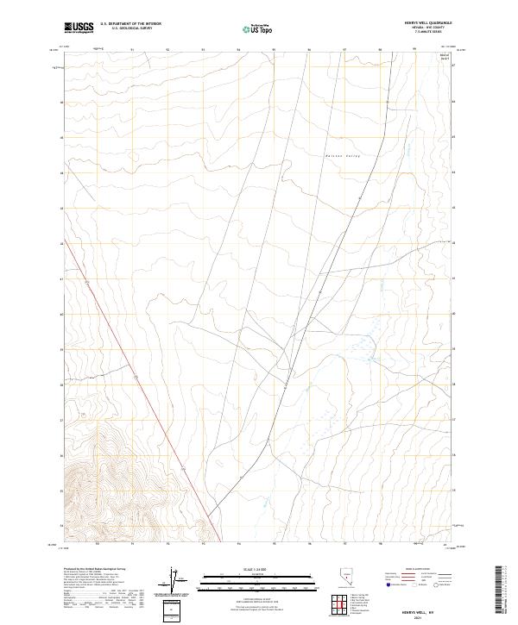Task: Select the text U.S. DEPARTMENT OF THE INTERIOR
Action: tap(130, 24)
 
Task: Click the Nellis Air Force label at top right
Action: tap(445, 56)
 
